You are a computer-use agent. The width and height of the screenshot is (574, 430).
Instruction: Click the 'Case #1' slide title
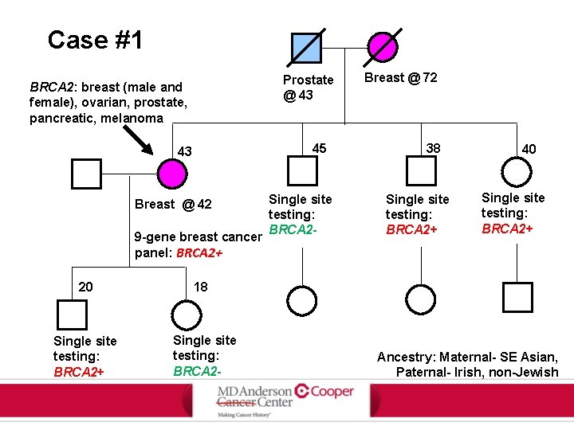[x=95, y=39]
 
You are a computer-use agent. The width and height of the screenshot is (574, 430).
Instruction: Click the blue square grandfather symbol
[x=306, y=48]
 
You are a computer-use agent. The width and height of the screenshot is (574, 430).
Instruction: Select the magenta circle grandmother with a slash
[x=383, y=48]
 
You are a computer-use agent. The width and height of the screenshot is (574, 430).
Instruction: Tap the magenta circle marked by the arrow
[x=172, y=174]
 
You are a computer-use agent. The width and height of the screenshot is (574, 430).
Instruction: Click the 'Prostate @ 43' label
[x=308, y=88]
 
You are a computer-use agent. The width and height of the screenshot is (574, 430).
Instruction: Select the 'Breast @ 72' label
[x=400, y=77]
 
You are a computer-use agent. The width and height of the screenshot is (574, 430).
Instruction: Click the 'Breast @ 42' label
[x=173, y=205]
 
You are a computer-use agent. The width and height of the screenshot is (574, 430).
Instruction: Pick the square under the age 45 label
[x=302, y=171]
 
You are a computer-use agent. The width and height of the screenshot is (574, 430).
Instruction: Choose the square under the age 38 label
[x=420, y=171]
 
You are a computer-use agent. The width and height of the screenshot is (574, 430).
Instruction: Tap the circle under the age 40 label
[x=517, y=171]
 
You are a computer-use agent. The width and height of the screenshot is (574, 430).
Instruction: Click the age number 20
[x=86, y=287]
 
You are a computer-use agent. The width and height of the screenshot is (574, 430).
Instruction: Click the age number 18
[x=200, y=287]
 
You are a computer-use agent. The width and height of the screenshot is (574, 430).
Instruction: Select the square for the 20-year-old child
[x=73, y=315]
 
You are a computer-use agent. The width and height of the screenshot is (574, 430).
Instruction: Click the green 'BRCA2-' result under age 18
[x=197, y=371]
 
